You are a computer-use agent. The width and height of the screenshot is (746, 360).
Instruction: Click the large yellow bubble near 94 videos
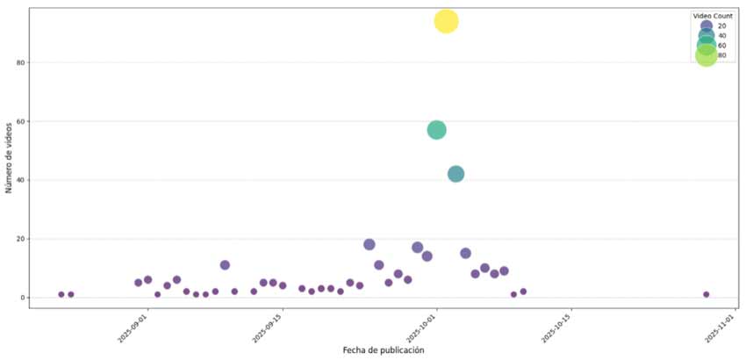point(446,21)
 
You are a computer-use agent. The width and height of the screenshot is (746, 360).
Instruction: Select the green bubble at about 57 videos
point(436,130)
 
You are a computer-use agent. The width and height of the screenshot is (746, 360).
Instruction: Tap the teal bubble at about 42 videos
point(455,174)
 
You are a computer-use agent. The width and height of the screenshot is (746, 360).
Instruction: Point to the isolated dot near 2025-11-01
point(706,294)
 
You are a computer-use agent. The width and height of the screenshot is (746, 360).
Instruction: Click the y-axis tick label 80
point(20,62)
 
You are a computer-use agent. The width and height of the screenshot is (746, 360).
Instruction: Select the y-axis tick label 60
point(20,121)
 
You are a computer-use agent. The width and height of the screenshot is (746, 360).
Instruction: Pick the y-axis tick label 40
point(20,180)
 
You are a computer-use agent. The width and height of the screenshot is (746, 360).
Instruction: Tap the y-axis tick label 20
point(20,239)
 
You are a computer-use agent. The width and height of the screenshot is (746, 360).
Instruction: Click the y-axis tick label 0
point(22,298)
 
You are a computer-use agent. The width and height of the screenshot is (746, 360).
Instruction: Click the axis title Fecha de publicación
point(384,350)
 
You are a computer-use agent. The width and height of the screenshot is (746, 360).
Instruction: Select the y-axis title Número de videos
point(9,156)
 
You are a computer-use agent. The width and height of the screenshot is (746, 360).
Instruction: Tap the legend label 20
point(721,25)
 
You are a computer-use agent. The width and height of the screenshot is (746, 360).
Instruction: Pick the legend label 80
point(721,55)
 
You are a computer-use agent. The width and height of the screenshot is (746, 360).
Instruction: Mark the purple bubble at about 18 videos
point(369,244)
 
